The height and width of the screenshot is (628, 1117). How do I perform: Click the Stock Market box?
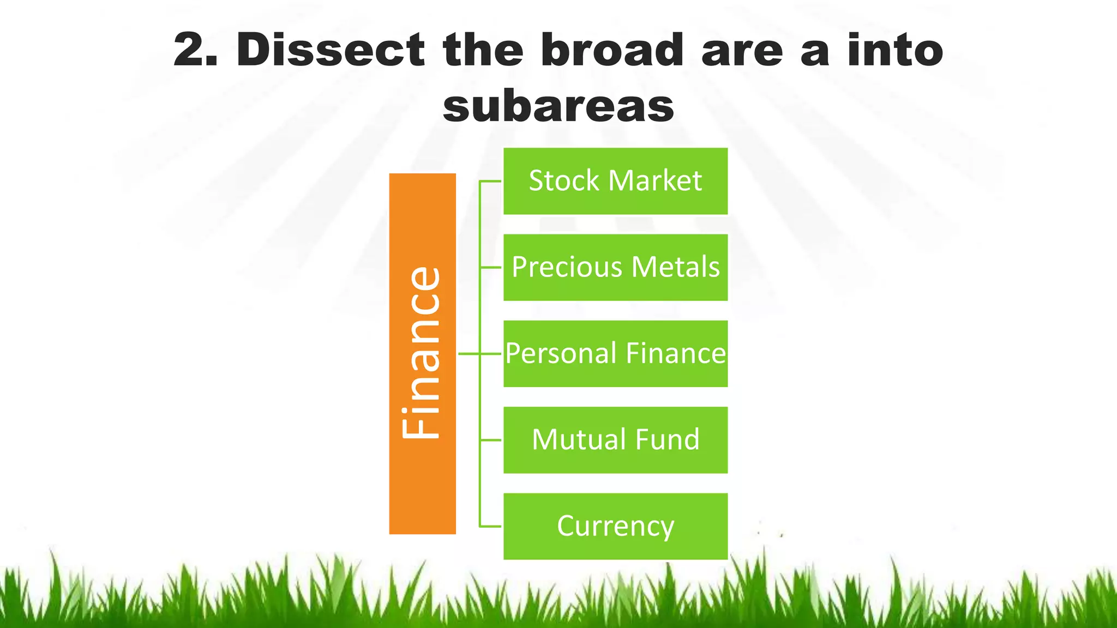pyautogui.click(x=615, y=181)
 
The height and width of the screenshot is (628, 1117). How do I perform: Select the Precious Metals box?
pyautogui.click(x=615, y=267)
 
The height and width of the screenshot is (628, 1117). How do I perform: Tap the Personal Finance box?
pyautogui.click(x=615, y=354)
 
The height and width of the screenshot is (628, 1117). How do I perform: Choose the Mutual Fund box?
pyautogui.click(x=615, y=440)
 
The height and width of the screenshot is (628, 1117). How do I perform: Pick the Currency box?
pyautogui.click(x=615, y=526)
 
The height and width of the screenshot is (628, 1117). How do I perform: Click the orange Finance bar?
pyautogui.click(x=422, y=353)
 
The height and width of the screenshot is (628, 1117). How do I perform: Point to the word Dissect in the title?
pyautogui.click(x=331, y=50)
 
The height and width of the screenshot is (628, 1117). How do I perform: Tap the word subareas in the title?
pyautogui.click(x=558, y=106)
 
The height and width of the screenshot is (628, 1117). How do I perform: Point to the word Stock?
pyautogui.click(x=564, y=181)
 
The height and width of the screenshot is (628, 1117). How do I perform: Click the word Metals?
pyautogui.click(x=675, y=267)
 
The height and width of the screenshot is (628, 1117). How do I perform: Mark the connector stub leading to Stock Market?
pyautogui.click(x=490, y=181)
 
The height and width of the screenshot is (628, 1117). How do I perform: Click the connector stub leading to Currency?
pyautogui.click(x=490, y=527)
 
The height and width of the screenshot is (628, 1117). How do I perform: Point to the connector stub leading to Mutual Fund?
pyautogui.click(x=490, y=440)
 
